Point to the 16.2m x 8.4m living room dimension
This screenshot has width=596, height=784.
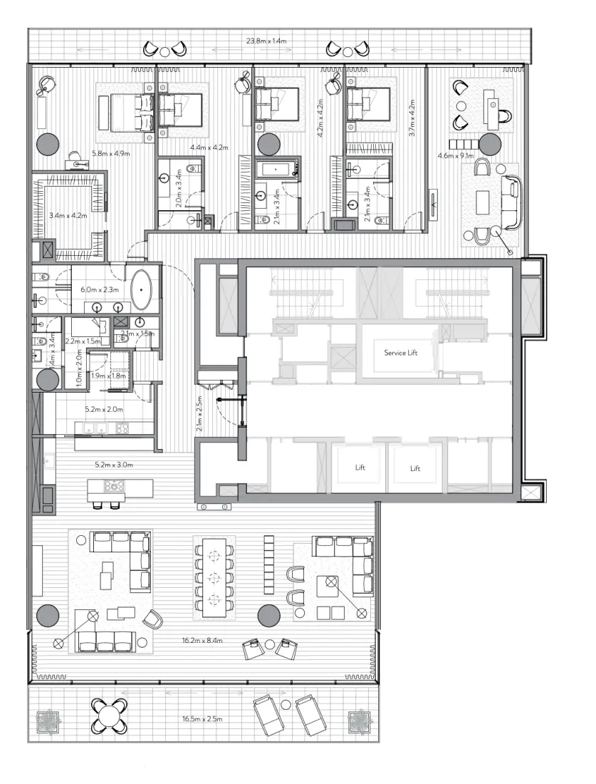[203, 641]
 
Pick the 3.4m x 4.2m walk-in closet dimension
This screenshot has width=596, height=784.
[68, 215]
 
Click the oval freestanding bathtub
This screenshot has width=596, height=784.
[145, 290]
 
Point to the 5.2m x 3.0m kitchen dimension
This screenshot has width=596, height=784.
[114, 465]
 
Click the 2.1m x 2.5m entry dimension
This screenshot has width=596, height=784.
[200, 414]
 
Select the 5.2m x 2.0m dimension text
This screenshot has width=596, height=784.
[104, 409]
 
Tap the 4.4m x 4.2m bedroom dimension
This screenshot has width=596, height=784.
[209, 148]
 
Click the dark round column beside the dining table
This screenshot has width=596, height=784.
[268, 614]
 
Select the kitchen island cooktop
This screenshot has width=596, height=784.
[114, 487]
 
